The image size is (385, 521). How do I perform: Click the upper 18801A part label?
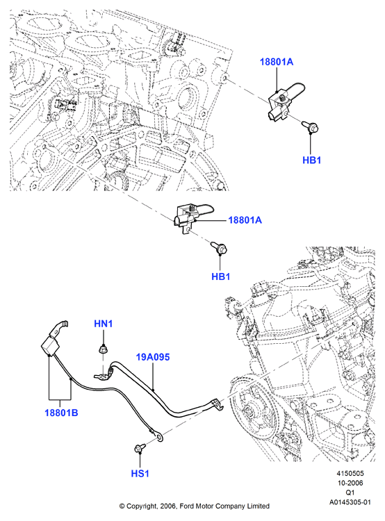tap(277, 62)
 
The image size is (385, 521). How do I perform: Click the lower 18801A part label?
tap(245, 220)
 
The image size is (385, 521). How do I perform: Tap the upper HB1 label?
tap(311, 160)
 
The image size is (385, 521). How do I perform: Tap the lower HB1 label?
tap(221, 276)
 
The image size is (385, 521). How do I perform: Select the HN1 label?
tap(104, 323)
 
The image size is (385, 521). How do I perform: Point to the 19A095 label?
tap(153, 357)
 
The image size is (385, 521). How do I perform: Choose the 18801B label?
tap(61, 413)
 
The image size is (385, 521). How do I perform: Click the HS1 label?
tap(140, 473)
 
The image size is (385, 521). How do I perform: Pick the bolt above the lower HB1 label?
tap(219, 248)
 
